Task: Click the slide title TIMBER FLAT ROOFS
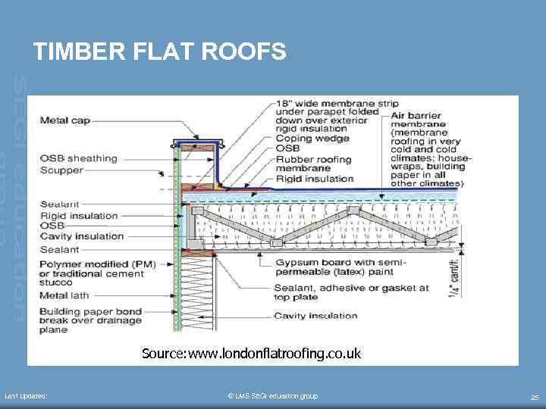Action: (x=159, y=52)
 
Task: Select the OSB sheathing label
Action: (x=78, y=159)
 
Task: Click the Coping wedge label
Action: (x=312, y=138)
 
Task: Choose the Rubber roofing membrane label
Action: (x=313, y=164)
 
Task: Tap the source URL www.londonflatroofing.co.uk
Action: (x=251, y=354)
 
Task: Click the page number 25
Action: (x=534, y=397)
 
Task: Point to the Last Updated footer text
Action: (x=26, y=396)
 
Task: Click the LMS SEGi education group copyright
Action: (x=272, y=396)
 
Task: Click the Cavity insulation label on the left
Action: (x=81, y=236)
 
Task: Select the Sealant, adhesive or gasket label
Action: (x=351, y=292)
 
